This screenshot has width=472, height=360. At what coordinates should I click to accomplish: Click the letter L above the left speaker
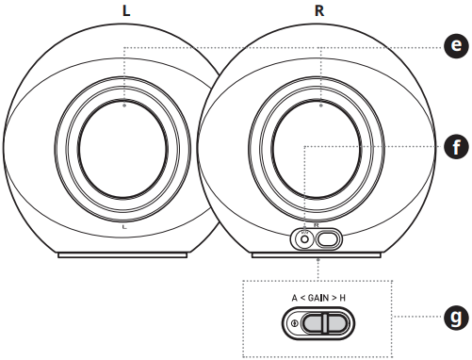[126, 11]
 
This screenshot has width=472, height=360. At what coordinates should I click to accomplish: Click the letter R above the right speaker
[319, 11]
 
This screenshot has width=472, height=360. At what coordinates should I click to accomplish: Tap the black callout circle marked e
[456, 46]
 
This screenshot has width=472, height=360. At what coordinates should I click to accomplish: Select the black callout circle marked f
[456, 146]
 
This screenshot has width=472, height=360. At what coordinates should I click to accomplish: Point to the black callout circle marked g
[456, 318]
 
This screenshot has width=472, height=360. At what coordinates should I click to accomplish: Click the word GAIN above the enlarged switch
[318, 298]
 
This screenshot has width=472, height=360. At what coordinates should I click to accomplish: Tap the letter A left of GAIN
[294, 298]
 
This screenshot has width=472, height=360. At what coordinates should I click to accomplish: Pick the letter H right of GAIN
[342, 298]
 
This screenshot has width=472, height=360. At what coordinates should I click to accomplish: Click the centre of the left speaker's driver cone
[122, 149]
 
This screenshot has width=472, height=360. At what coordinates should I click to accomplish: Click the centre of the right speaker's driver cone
[317, 149]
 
